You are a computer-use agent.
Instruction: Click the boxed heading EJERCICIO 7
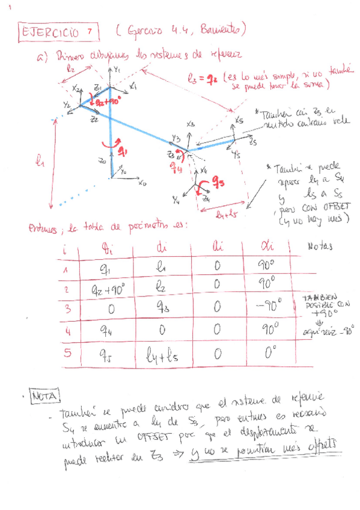(x=55, y=31)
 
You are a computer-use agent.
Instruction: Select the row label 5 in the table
(x=67, y=354)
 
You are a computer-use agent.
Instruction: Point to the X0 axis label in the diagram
(x=142, y=184)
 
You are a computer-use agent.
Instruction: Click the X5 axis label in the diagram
(x=239, y=120)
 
